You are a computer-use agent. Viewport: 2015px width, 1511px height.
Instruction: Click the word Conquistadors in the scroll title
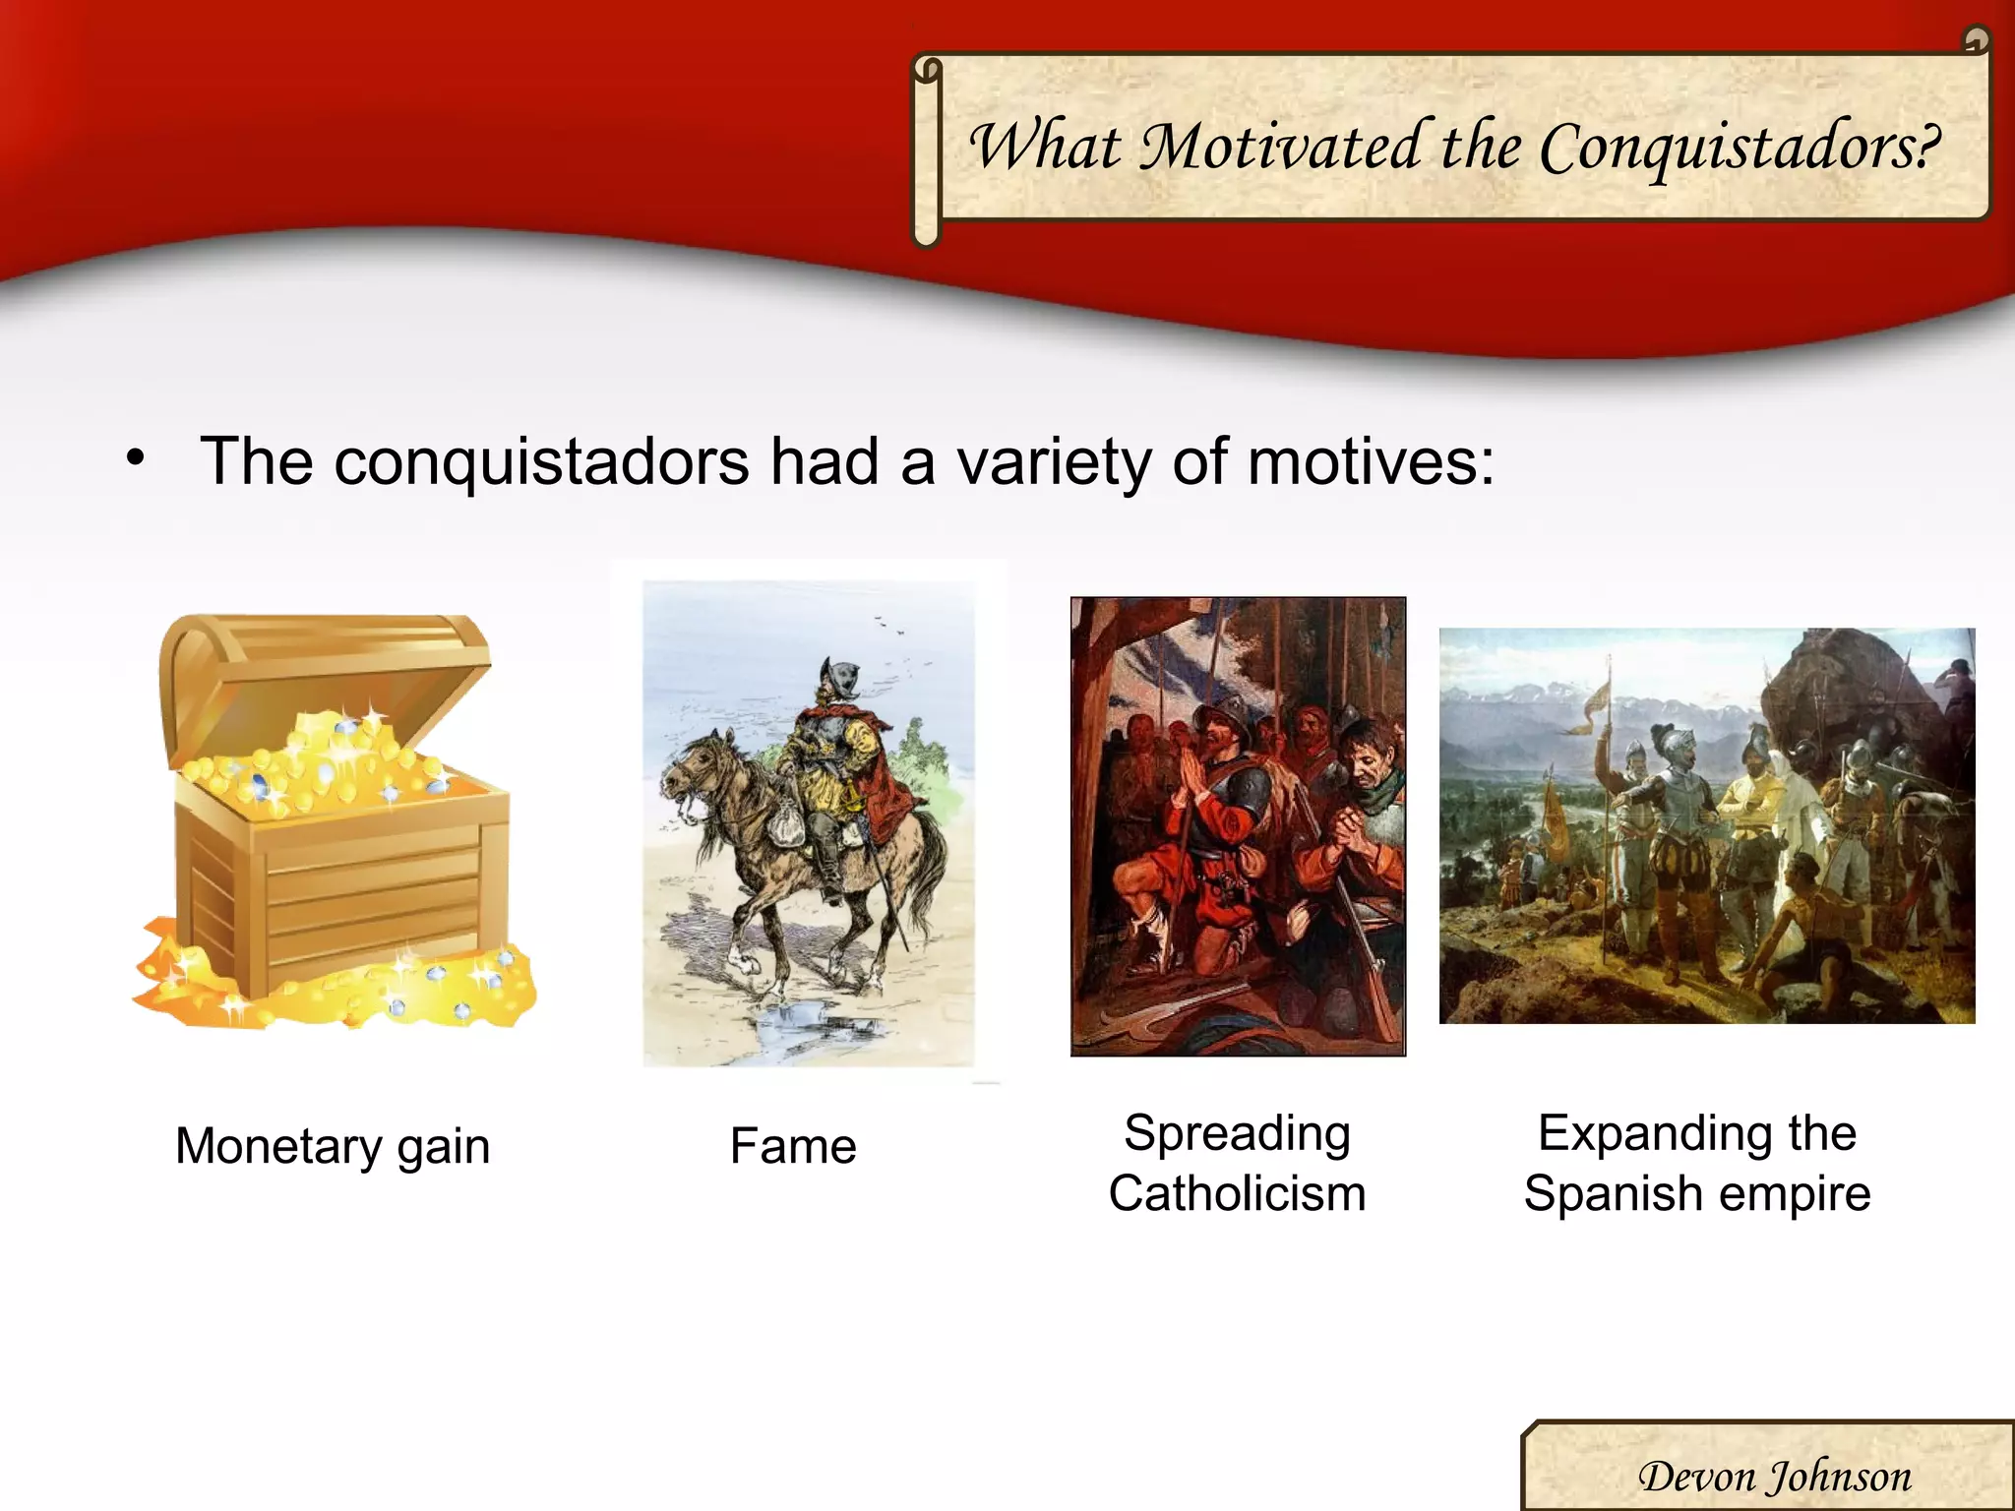1740,148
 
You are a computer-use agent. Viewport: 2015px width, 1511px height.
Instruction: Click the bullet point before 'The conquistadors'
136,458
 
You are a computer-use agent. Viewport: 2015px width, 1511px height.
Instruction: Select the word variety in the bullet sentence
1053,462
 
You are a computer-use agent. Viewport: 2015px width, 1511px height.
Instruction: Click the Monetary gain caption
333,1146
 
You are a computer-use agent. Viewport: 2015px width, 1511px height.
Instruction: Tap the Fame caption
793,1146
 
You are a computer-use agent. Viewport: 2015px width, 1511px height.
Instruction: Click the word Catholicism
1237,1194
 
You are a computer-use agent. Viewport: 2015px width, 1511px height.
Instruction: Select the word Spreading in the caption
1237,1133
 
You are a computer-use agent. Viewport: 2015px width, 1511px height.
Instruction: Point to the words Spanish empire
1697,1194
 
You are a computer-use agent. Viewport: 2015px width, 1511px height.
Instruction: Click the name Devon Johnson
1774,1477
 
